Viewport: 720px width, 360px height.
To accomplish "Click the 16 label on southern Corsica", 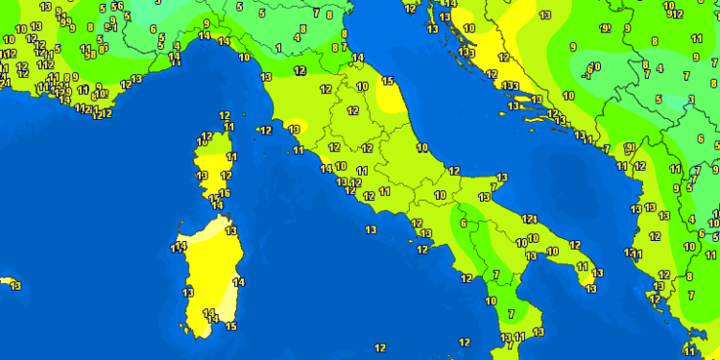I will (225, 194).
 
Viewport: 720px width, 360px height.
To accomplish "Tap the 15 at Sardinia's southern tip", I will (230, 326).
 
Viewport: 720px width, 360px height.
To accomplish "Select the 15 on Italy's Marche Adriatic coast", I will (388, 81).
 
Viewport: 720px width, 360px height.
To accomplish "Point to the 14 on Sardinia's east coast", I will (238, 282).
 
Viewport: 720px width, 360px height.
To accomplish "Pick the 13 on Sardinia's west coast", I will (188, 293).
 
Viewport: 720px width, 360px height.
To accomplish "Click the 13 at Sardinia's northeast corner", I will (230, 231).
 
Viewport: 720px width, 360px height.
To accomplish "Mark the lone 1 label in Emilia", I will (278, 47).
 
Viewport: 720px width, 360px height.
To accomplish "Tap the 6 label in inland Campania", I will (463, 224).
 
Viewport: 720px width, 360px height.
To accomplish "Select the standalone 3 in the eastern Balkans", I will (690, 100).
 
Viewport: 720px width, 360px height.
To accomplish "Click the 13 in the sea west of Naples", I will (371, 229).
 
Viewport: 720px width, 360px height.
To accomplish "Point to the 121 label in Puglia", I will (530, 220).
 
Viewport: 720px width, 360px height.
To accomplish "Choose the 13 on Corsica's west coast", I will (202, 176).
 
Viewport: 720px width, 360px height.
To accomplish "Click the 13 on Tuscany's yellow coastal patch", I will (295, 129).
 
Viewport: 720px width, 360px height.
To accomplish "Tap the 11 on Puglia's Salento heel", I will (588, 287).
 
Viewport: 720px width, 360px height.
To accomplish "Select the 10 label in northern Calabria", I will (490, 301).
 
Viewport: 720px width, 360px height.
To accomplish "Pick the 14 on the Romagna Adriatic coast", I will (358, 59).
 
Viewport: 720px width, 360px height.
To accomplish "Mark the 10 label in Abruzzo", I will (423, 148).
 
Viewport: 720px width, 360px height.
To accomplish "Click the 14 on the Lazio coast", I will (326, 169).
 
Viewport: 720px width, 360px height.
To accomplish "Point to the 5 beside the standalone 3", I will (660, 99).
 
